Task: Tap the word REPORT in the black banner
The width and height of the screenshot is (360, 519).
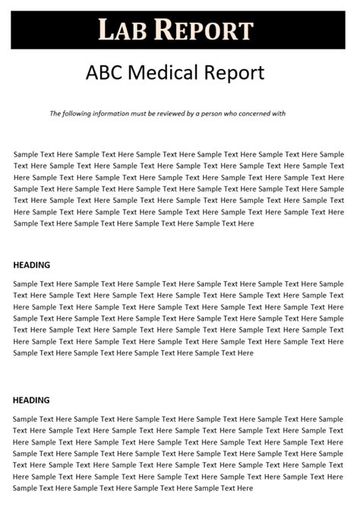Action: click(x=204, y=30)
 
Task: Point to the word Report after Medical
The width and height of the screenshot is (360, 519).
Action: click(x=235, y=72)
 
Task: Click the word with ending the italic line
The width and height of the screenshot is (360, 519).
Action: click(x=279, y=114)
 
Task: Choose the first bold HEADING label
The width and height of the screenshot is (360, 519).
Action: click(x=32, y=265)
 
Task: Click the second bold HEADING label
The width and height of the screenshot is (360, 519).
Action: click(x=32, y=400)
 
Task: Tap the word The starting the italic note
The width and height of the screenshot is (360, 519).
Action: click(x=55, y=114)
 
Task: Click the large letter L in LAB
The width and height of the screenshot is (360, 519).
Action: click(x=106, y=30)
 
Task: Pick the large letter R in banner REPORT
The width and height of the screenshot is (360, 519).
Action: click(x=166, y=30)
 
